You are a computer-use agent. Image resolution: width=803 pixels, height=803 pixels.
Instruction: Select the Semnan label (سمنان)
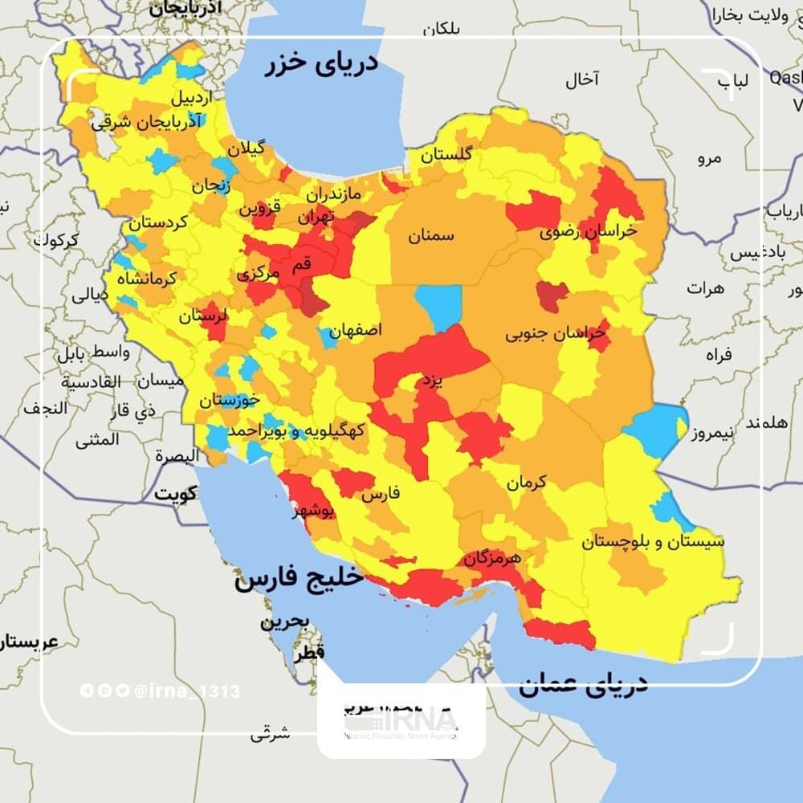[x=430, y=235]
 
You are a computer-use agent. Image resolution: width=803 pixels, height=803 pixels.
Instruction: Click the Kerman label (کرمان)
[x=526, y=482]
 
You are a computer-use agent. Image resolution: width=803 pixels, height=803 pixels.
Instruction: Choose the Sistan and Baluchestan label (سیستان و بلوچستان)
[x=653, y=541]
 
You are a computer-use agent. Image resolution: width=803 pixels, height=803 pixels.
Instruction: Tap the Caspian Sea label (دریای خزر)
[x=321, y=63]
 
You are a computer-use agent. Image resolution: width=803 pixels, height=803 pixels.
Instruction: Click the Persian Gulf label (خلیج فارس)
[x=296, y=577]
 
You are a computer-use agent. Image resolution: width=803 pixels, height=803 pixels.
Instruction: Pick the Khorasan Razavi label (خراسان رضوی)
[x=589, y=231]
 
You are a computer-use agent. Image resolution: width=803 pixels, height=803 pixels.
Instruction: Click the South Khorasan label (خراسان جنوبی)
[x=554, y=335]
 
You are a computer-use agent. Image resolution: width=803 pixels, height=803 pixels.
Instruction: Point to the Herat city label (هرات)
[x=706, y=287]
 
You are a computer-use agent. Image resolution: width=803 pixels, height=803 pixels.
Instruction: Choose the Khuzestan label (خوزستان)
[x=230, y=399]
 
